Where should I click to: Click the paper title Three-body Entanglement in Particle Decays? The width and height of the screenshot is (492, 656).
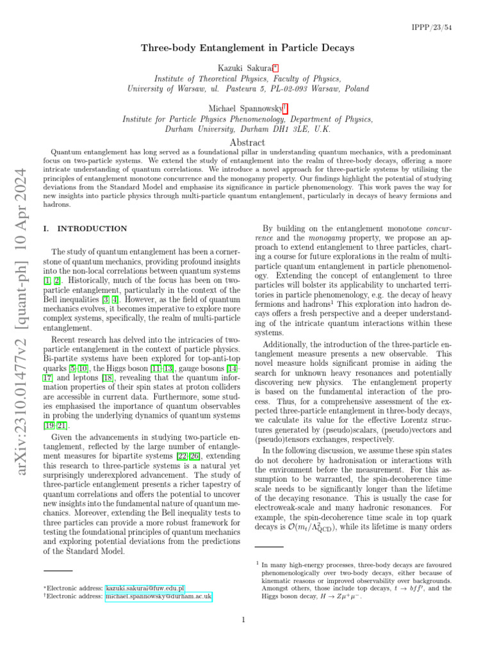[246, 49]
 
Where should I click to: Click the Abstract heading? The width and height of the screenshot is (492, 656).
[247, 142]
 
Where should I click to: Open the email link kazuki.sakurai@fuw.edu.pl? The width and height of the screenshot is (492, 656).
[145, 587]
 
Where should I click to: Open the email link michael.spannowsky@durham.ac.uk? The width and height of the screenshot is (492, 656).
[158, 596]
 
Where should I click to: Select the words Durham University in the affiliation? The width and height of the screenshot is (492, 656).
[177, 128]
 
